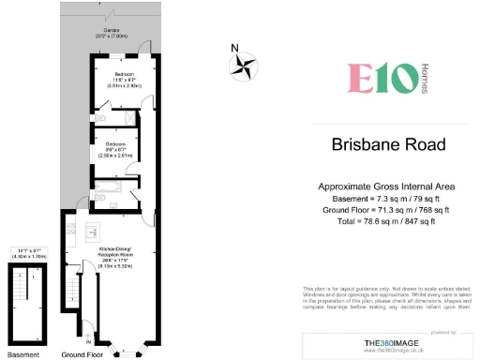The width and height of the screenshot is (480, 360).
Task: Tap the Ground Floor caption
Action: click(x=82, y=355)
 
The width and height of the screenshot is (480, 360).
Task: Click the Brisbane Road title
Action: click(x=388, y=145)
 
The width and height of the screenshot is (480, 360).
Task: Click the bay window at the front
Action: click(x=126, y=350)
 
